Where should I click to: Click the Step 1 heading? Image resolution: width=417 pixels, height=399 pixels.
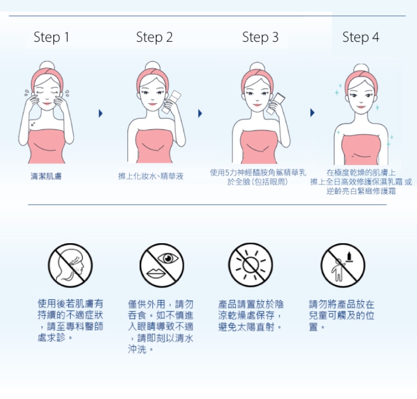51,37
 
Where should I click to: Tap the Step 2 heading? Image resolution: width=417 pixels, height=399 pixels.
154,37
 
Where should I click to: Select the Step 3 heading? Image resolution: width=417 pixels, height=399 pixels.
260,37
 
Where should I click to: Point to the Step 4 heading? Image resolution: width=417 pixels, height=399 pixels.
361,37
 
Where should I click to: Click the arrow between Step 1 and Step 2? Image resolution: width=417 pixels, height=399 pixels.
101,113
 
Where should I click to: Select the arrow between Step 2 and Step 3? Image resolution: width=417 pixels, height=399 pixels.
200,113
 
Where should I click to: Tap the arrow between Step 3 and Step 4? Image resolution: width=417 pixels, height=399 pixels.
312,113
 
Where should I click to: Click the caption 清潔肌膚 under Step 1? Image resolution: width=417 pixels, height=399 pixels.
46,176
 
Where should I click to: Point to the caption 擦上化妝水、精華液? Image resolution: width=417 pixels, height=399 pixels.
151,176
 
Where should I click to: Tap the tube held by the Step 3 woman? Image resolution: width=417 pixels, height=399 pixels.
276,104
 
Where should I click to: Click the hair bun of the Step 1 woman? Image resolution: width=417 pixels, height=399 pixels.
47,66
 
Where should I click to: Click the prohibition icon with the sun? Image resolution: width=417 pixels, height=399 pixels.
250,265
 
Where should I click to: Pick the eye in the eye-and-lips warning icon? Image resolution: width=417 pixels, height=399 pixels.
168,258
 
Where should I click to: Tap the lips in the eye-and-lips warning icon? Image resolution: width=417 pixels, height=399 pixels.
156,273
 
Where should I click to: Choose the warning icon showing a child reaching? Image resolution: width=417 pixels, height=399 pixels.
343,265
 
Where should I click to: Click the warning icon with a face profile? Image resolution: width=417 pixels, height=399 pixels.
70,265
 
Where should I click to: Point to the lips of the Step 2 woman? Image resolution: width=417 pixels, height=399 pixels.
153,104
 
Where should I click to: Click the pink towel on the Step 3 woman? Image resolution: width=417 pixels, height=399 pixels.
259,147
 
